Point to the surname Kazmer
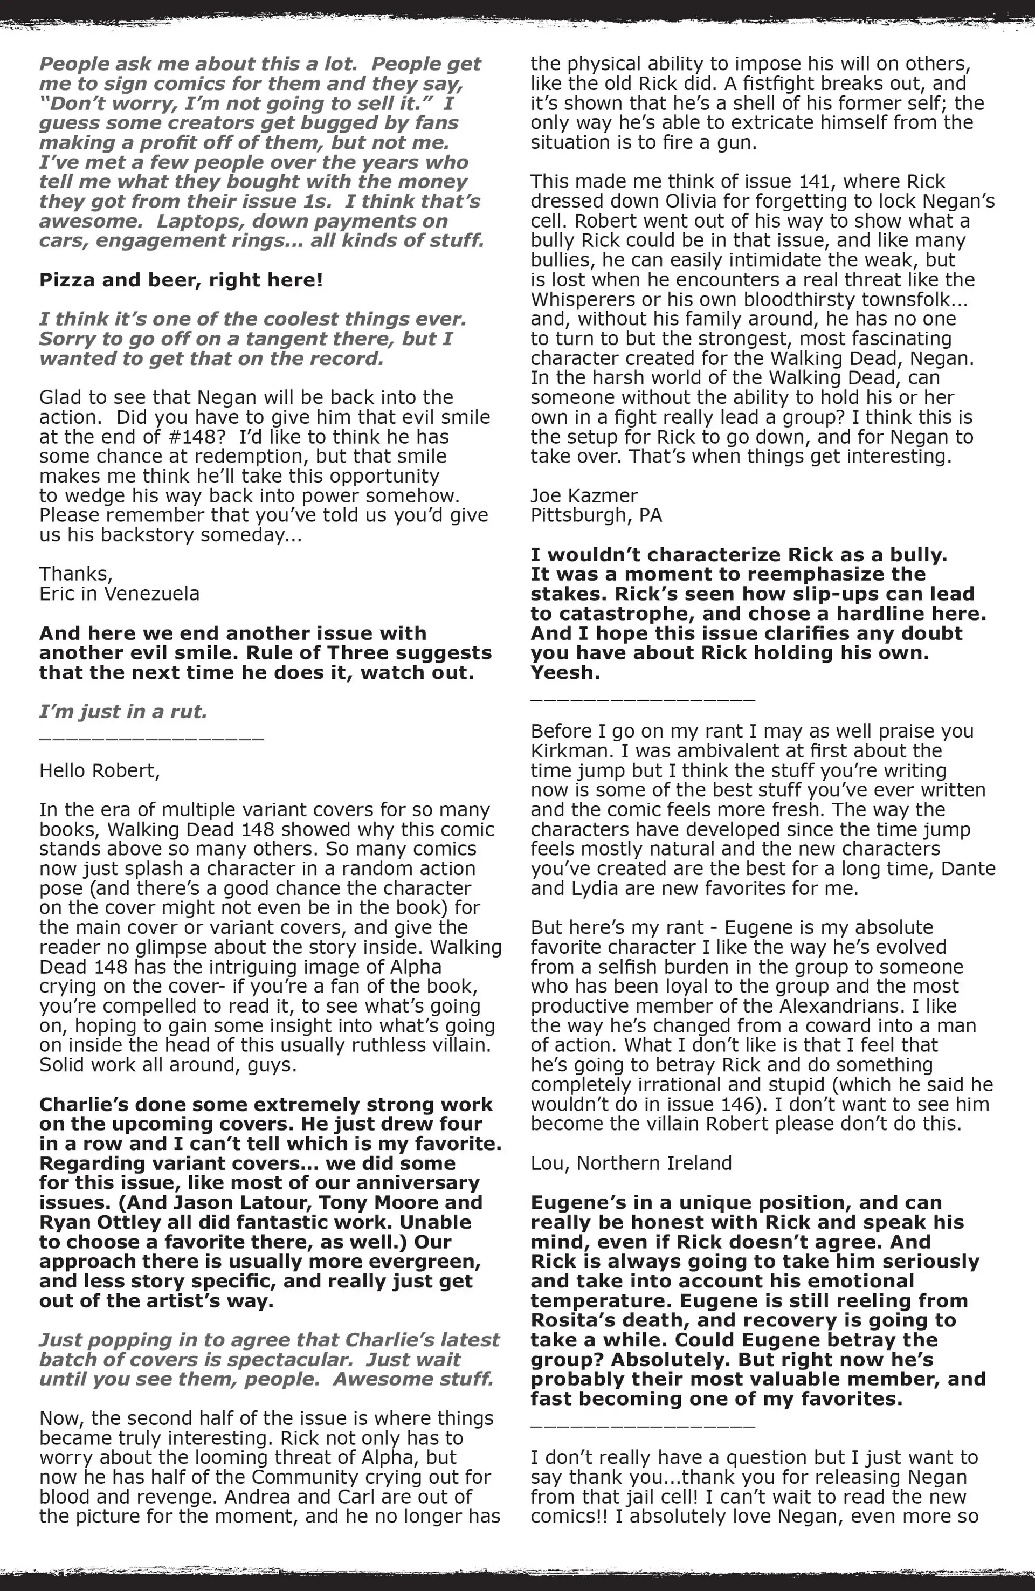point(606,496)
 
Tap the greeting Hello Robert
point(100,771)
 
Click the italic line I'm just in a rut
point(123,712)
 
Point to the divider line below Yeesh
point(643,699)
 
